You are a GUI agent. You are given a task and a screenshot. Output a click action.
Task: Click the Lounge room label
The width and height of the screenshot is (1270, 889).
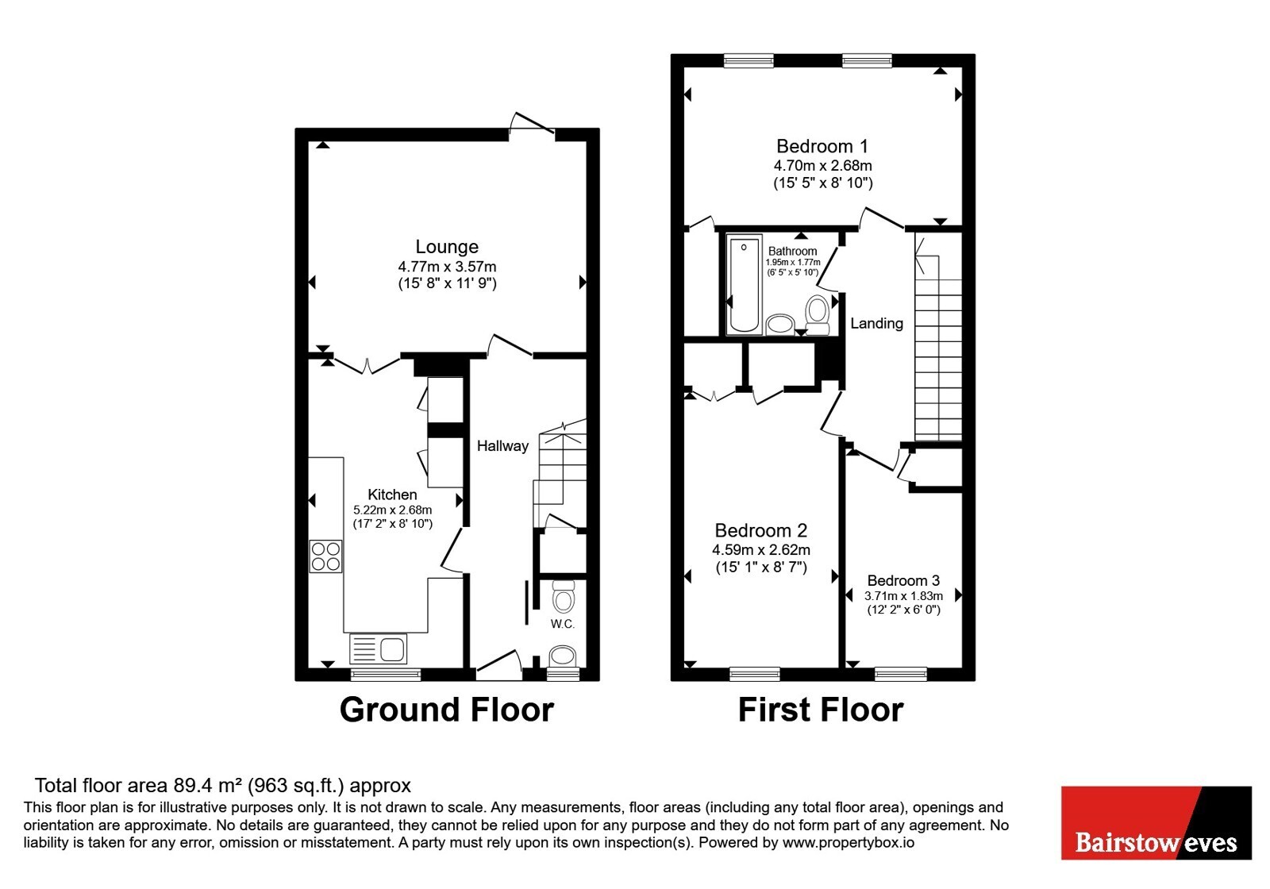tap(447, 247)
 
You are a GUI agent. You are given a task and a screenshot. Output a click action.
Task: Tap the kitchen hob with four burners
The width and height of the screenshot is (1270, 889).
tap(326, 556)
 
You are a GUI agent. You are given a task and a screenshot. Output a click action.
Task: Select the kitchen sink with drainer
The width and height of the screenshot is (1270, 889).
tap(378, 648)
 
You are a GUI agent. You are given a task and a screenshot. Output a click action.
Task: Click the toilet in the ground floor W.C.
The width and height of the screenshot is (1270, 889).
tap(563, 596)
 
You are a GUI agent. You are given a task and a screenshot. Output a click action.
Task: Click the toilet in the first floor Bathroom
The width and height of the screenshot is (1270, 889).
tap(818, 314)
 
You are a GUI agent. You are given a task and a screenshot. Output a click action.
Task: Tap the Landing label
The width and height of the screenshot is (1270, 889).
tap(876, 323)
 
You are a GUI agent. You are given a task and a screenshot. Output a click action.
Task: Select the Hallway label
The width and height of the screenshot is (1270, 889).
tap(502, 446)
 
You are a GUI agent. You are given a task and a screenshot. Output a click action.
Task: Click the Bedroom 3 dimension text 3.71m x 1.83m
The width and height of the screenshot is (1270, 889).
tap(903, 596)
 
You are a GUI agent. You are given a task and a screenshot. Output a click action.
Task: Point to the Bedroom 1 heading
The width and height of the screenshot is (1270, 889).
tap(822, 146)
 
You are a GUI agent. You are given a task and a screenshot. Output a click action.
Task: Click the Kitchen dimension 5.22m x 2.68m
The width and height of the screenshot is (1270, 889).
tap(392, 510)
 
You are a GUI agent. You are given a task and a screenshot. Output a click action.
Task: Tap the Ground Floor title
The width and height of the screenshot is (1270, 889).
tap(447, 710)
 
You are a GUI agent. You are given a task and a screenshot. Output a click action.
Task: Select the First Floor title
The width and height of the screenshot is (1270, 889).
tap(821, 710)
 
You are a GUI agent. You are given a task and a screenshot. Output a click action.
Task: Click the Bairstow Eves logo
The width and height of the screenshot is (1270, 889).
tap(1156, 822)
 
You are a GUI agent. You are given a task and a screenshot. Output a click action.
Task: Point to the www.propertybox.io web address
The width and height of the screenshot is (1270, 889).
tap(849, 842)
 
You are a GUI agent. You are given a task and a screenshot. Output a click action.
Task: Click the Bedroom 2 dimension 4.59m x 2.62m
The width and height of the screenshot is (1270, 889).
tap(761, 550)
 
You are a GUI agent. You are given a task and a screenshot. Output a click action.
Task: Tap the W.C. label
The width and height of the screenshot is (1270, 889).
tap(563, 624)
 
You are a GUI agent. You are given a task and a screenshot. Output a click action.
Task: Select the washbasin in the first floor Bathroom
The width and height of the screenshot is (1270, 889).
tap(780, 325)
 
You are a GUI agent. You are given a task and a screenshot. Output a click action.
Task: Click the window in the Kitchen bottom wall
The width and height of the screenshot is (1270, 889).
tap(386, 674)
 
